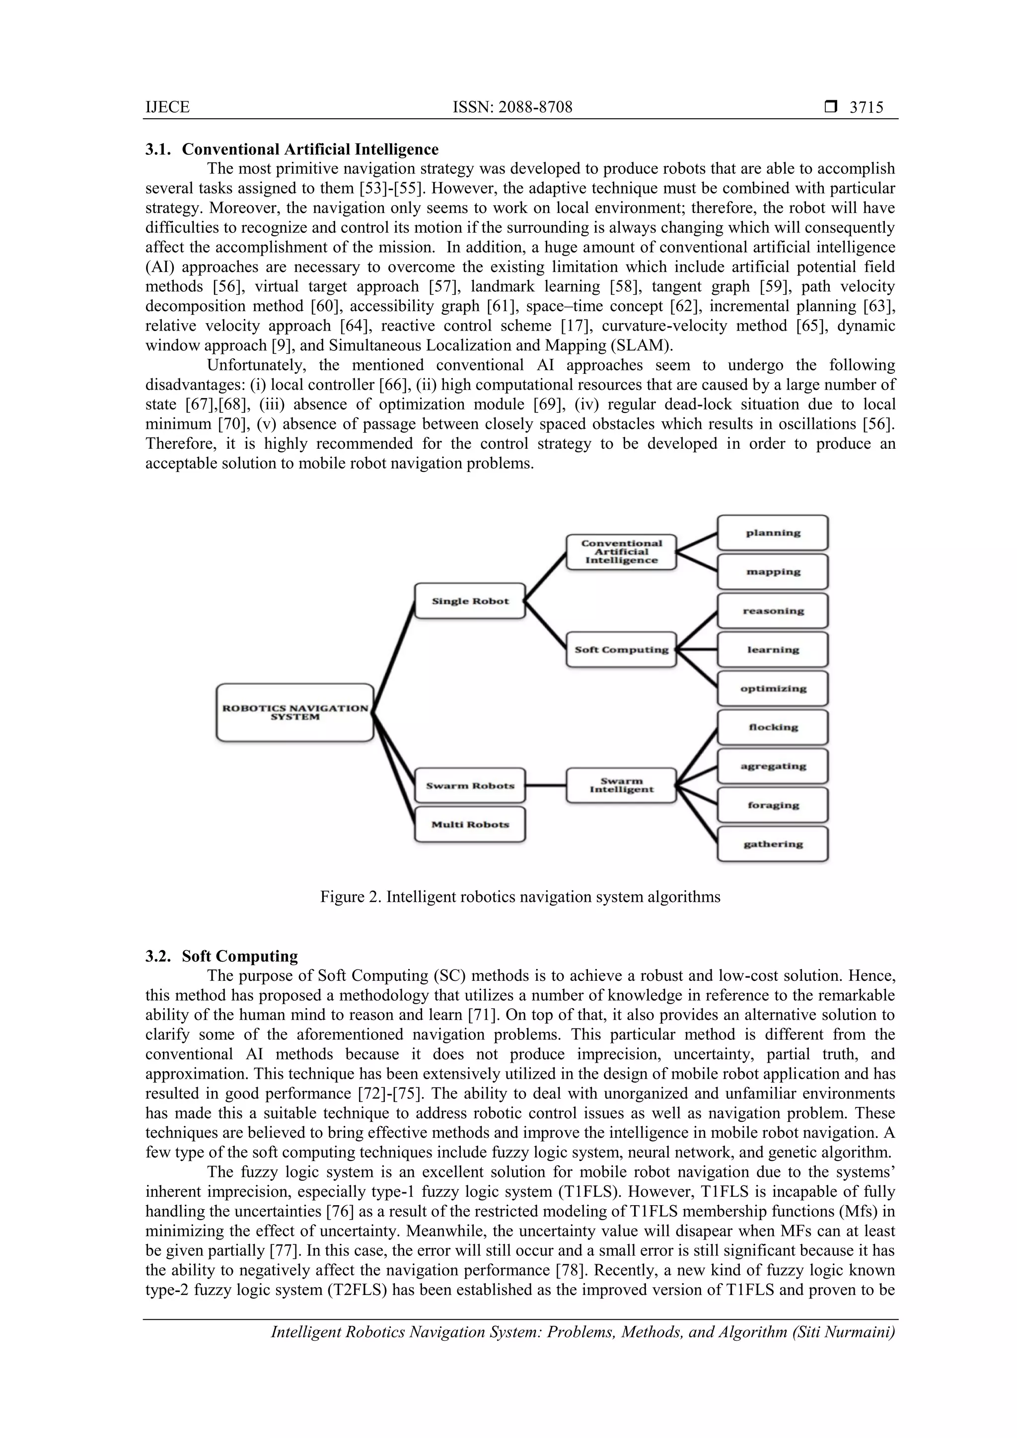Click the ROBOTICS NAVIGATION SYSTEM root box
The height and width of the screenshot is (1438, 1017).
pos(294,713)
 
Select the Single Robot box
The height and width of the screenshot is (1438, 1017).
pos(470,601)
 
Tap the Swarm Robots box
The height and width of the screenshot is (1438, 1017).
pos(470,785)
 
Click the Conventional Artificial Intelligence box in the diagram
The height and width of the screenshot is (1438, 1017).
pos(621,552)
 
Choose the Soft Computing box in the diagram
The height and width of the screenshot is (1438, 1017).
pos(621,649)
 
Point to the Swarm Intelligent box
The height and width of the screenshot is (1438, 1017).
pos(621,785)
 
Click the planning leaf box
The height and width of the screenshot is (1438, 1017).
pos(773,533)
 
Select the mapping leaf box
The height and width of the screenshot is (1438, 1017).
pos(773,572)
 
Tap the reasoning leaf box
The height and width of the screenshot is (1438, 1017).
pos(773,611)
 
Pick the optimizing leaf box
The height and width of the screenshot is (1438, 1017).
pos(773,688)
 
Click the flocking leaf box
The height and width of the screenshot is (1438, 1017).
pos(773,727)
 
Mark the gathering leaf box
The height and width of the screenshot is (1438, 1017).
pos(773,844)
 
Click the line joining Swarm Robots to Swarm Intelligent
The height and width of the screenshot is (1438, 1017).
pos(545,785)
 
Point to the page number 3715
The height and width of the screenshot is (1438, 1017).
pos(866,108)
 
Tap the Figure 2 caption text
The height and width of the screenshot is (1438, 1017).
pos(520,897)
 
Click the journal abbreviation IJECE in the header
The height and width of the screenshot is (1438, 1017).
pos(167,108)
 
